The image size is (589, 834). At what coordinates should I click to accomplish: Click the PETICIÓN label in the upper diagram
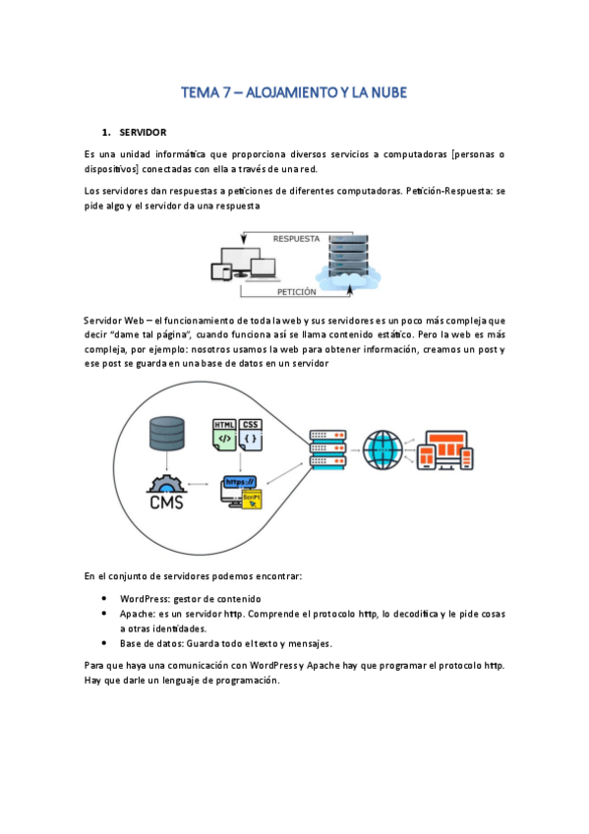(296, 292)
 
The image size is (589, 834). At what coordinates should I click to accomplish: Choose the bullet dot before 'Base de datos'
(104, 643)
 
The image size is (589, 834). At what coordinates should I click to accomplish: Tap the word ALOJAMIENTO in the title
(293, 92)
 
